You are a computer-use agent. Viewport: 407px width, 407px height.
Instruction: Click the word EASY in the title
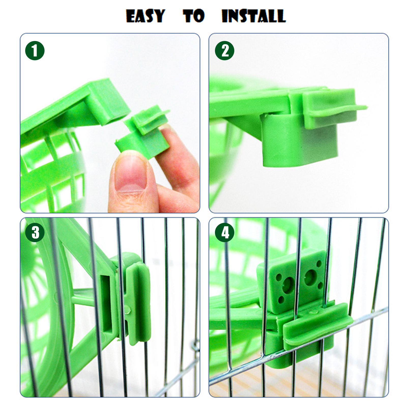146,16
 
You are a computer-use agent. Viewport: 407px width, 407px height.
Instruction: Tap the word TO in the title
194,16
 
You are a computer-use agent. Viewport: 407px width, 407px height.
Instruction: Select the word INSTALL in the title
254,16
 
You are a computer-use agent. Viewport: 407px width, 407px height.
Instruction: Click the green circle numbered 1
35,51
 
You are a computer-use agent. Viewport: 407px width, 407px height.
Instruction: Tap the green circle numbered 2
225,51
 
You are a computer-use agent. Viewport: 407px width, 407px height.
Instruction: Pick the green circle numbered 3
35,232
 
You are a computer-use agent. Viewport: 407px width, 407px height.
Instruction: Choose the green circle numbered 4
225,232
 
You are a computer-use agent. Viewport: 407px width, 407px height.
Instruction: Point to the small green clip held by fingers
144,132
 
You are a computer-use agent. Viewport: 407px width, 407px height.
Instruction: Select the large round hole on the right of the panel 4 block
310,277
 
